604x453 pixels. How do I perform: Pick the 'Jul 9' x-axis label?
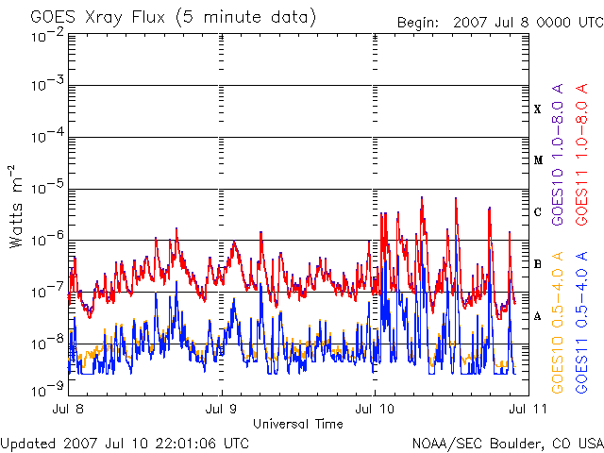click(222, 409)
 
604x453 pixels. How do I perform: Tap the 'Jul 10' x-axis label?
click(376, 409)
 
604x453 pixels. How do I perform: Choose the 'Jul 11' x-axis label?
click(527, 409)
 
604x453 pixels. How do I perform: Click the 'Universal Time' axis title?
click(298, 424)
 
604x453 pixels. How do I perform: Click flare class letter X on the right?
click(538, 109)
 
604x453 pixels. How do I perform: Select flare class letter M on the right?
click(538, 160)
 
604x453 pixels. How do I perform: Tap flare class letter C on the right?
click(538, 212)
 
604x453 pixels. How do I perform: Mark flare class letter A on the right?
click(538, 316)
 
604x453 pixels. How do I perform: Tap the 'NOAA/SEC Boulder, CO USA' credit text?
click(507, 443)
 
